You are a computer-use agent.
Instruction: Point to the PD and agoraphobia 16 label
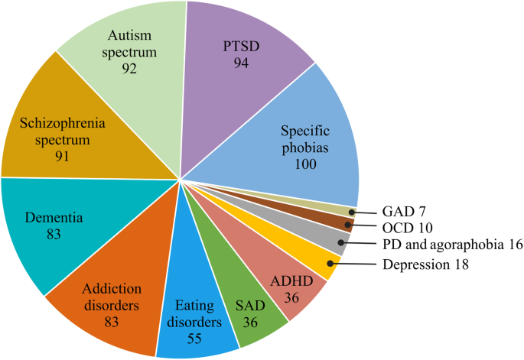[452, 245]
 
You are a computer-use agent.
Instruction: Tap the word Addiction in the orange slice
[112, 288]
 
